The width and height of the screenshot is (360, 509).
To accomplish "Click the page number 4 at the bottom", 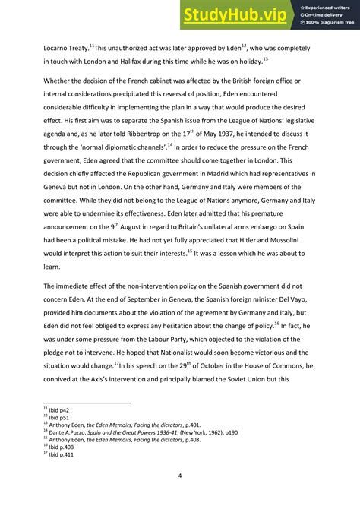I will coord(180,476).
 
